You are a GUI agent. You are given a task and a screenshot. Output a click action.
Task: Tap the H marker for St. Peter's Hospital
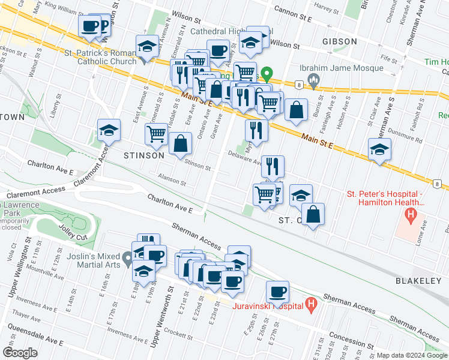[411, 214]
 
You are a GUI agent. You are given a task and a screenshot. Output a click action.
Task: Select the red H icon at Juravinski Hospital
[311, 305]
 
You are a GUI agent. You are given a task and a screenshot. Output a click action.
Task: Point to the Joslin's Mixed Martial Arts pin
[127, 259]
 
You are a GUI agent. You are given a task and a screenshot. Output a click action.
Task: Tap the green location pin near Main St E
[268, 76]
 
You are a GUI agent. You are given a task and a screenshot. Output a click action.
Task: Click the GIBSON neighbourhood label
[339, 41]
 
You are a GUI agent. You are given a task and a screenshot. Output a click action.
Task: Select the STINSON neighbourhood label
[143, 155]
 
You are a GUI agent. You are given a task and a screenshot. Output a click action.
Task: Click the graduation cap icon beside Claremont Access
[109, 130]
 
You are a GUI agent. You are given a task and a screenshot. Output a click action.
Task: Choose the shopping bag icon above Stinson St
[180, 143]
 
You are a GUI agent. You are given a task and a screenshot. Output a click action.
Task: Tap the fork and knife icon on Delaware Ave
[273, 166]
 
